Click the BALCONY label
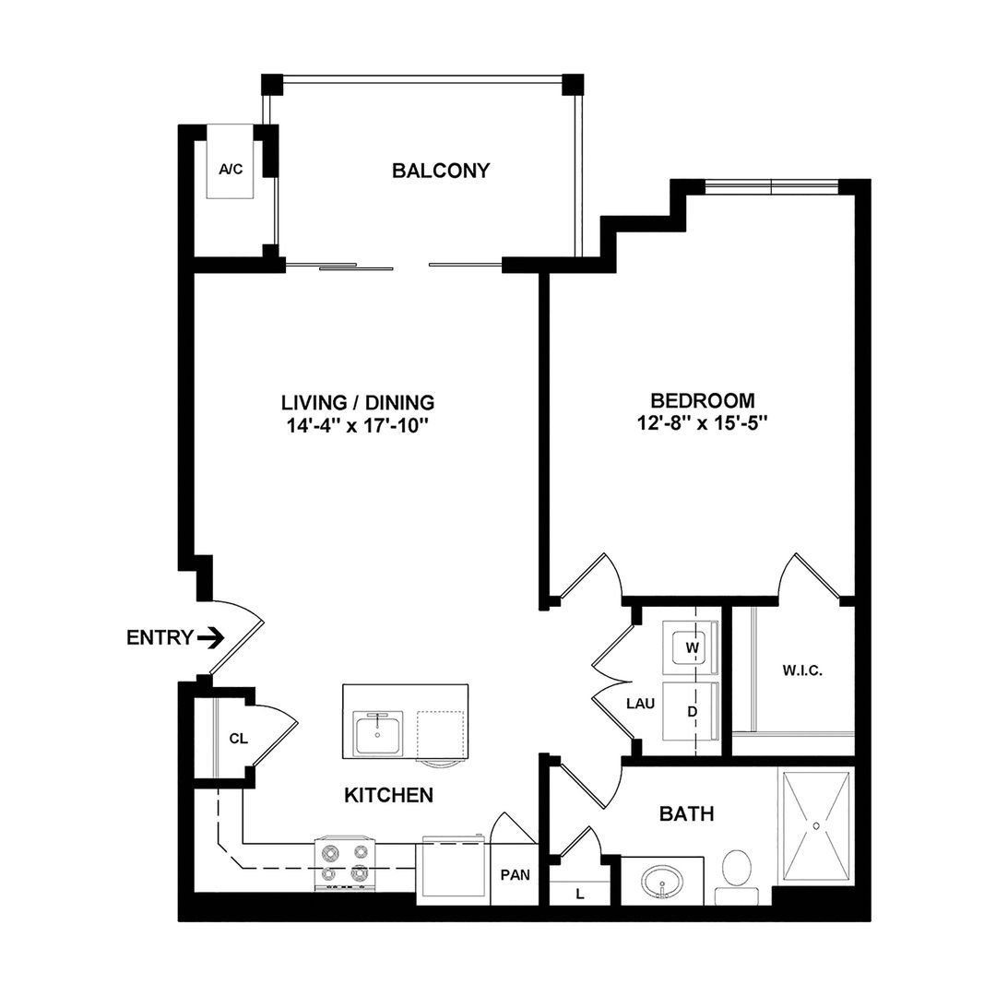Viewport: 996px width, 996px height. pyautogui.click(x=440, y=171)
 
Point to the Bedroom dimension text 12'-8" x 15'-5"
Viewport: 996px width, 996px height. pyautogui.click(x=703, y=424)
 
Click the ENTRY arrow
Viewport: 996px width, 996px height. pyautogui.click(x=212, y=637)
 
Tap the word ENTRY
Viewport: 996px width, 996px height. pyautogui.click(x=160, y=637)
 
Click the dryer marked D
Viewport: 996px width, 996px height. pyautogui.click(x=688, y=713)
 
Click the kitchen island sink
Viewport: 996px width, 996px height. pyautogui.click(x=378, y=733)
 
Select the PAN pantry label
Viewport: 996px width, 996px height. pyautogui.click(x=514, y=874)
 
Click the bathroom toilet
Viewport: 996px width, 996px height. pyautogui.click(x=737, y=872)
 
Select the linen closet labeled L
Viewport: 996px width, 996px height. pyautogui.click(x=579, y=893)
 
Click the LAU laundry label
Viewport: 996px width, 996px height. pyautogui.click(x=640, y=704)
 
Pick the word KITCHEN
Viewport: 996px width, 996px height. pyautogui.click(x=388, y=794)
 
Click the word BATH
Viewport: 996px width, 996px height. pyautogui.click(x=687, y=813)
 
